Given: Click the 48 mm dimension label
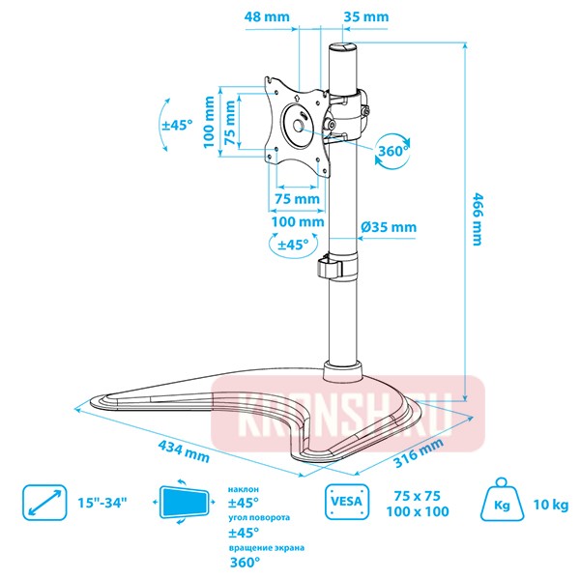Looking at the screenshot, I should (268, 16).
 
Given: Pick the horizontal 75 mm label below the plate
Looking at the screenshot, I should (295, 198).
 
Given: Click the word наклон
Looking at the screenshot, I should (242, 489).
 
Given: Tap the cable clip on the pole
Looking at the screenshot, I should (332, 267).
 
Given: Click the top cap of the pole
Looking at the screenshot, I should (343, 47).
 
